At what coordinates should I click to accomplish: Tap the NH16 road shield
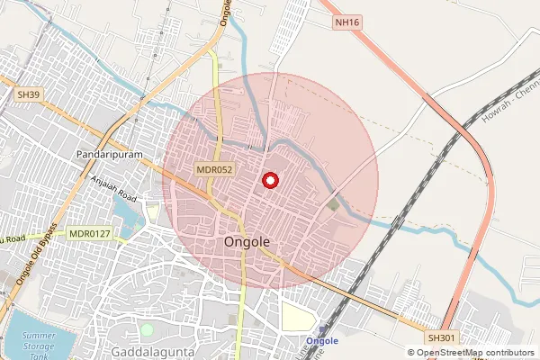346,22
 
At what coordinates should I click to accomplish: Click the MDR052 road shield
215,169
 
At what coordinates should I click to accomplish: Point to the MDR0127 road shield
89,234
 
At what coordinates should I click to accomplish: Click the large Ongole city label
246,243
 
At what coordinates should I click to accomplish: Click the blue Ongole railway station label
321,341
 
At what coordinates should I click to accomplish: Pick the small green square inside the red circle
334,205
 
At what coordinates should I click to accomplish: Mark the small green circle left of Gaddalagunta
146,303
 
